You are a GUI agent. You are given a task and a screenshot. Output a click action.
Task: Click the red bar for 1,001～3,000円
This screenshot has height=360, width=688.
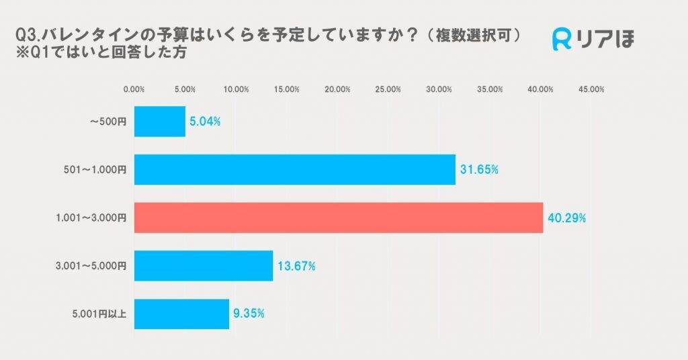coord(339,218)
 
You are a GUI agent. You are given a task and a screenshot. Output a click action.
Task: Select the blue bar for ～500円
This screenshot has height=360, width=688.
coord(160,122)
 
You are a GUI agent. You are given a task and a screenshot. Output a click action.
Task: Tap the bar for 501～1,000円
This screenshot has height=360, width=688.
coord(295,169)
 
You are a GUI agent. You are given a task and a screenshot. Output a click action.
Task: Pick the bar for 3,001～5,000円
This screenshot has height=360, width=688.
coord(204,265)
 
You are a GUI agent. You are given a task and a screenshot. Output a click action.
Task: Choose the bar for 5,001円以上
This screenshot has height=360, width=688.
coord(181,314)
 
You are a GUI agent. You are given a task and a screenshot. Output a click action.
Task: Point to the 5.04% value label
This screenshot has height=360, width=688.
coord(205,122)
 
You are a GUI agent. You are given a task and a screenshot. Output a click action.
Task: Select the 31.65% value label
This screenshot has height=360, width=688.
coord(479,170)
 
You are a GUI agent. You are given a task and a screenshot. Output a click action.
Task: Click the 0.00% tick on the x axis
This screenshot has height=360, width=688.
coord(134,89)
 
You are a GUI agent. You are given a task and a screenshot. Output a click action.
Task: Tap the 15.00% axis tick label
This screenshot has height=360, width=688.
coord(287,89)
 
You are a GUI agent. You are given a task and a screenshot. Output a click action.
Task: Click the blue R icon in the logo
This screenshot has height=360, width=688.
coord(562,40)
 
